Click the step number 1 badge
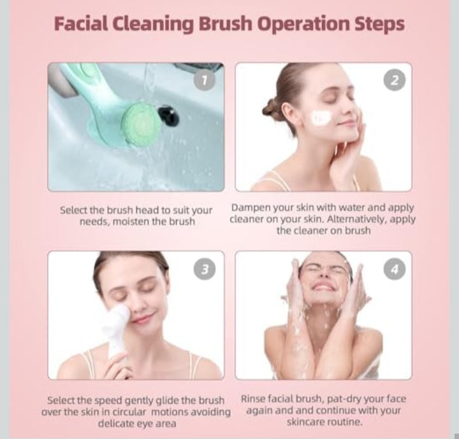pyautogui.click(x=205, y=81)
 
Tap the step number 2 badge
pyautogui.click(x=394, y=80)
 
